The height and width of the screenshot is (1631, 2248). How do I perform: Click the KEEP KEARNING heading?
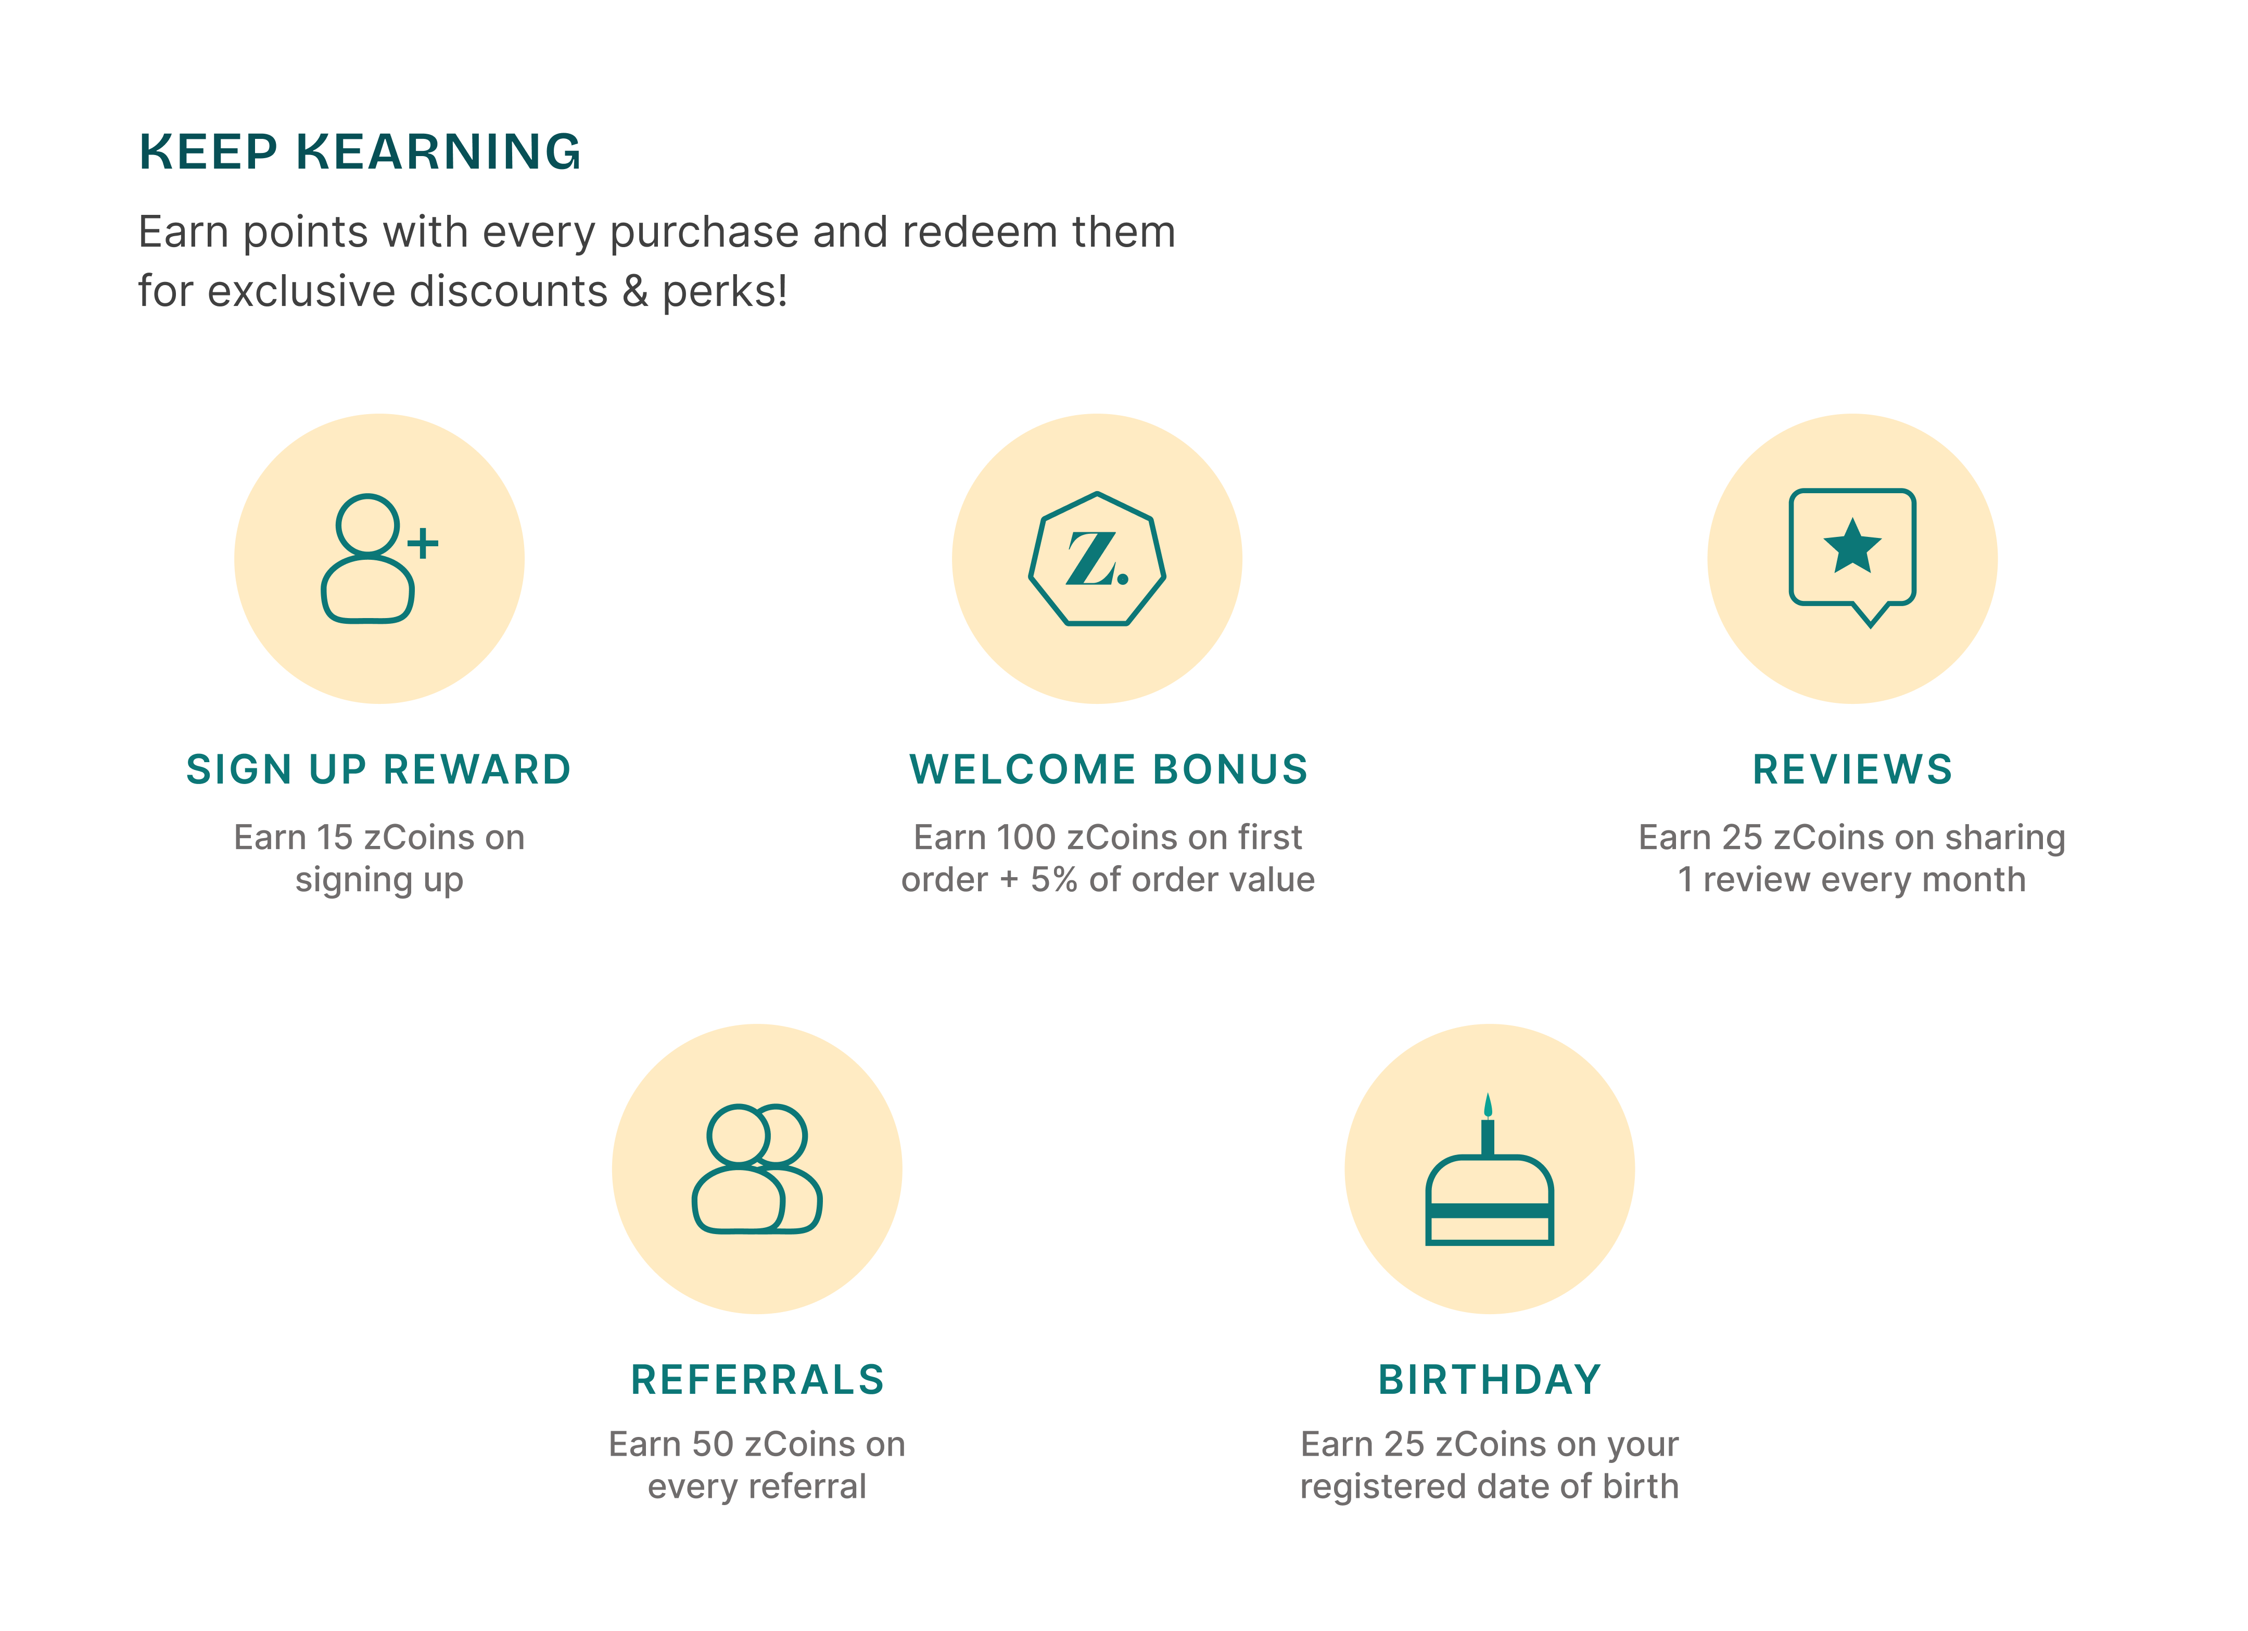coord(360,151)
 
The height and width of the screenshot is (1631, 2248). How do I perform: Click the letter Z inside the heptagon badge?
coord(1091,559)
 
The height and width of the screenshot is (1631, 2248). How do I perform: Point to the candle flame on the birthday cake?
coord(1488,1106)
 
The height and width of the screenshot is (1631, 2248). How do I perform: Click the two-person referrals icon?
coord(757,1169)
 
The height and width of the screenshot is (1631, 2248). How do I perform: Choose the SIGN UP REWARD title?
coord(378,770)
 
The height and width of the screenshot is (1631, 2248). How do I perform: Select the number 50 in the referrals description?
coord(713,1445)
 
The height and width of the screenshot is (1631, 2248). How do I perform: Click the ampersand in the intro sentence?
coord(634,291)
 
